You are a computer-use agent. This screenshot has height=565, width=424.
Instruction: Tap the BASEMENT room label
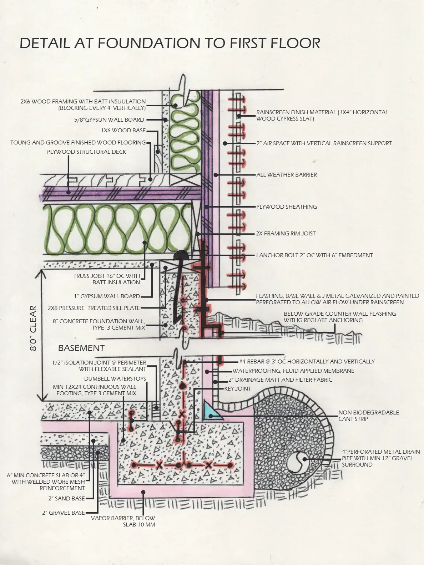tap(81, 348)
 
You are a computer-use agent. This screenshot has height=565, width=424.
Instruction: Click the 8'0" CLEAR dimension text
tap(33, 328)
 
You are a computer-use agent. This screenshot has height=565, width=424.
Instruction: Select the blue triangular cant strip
tap(211, 411)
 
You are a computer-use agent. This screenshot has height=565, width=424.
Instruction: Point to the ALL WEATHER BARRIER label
tap(287, 175)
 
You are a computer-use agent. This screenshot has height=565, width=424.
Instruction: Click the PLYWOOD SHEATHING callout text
tap(287, 207)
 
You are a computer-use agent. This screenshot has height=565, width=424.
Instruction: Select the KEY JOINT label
tap(238, 389)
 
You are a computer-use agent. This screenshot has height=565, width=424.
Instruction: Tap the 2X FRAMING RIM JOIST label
tap(286, 234)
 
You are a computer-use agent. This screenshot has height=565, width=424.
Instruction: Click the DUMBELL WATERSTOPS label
tap(115, 379)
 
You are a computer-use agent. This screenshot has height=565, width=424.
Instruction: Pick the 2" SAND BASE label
tap(67, 499)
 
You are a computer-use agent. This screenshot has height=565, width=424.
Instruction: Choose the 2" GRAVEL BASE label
tap(64, 513)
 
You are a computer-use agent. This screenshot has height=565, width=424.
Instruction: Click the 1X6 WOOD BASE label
tap(123, 131)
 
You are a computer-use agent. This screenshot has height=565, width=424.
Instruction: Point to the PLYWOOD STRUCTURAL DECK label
tap(87, 152)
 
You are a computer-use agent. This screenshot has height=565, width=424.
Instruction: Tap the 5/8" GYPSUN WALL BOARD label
tap(109, 120)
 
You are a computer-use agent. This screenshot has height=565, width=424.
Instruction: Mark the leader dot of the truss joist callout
tap(145, 243)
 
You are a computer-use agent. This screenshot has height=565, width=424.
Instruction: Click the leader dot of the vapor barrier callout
tap(143, 492)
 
